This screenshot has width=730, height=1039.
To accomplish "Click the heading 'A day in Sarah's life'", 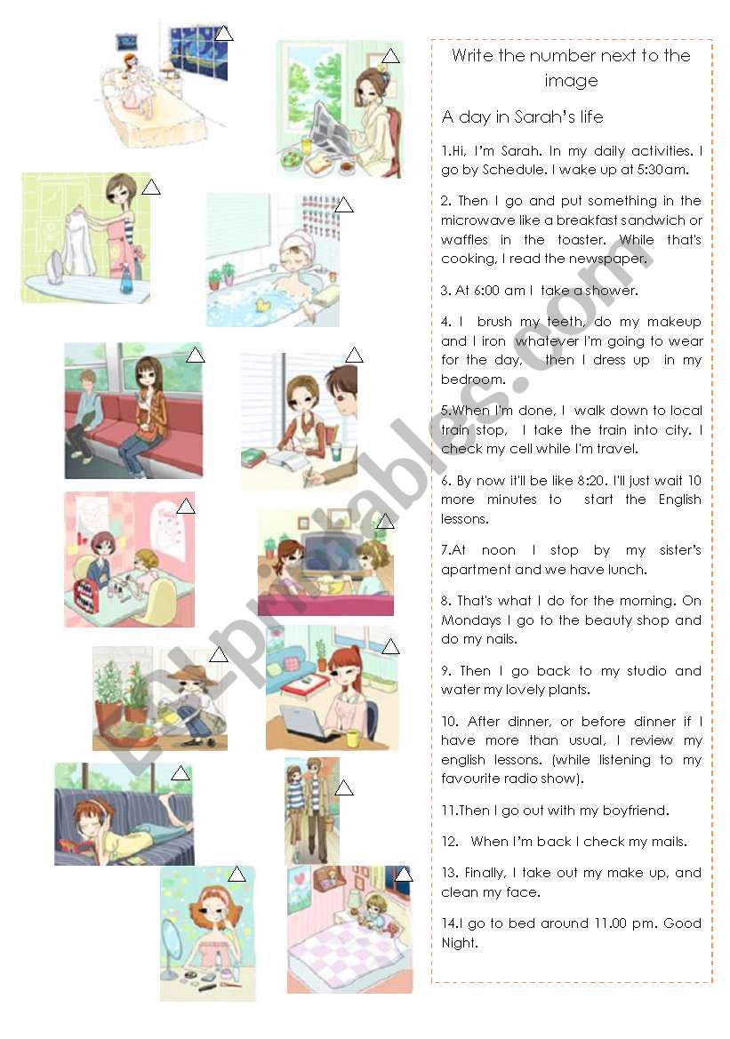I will tap(522, 116).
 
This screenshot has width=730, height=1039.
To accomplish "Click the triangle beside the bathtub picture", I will tap(344, 206).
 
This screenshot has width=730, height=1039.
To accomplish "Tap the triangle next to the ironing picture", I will tap(151, 188).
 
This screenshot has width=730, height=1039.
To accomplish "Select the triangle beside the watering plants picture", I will tap(219, 656).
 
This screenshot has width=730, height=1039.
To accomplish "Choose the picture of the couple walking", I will tap(311, 811).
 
